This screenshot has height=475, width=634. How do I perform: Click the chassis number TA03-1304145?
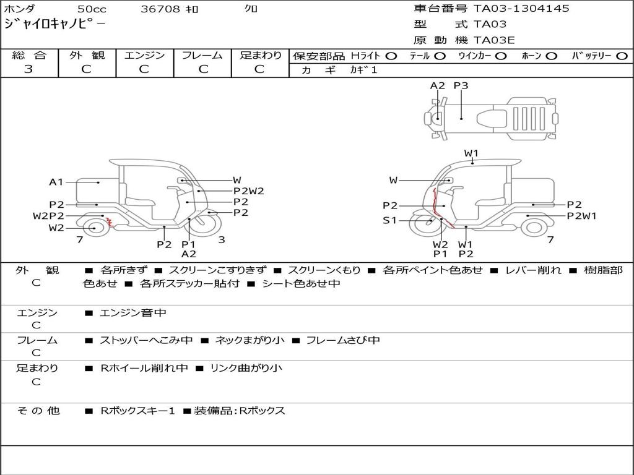tap(521, 8)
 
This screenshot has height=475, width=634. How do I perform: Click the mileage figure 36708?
tap(160, 9)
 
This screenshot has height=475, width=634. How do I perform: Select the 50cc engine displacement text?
tap(92, 9)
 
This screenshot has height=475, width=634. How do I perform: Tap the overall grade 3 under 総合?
tap(28, 69)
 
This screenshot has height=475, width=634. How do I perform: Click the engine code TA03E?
tap(493, 40)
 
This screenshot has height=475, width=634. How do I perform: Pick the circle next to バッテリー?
tap(622, 56)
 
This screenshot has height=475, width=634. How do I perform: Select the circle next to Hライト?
tap(391, 56)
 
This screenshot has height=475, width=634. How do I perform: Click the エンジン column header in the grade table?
tap(144, 55)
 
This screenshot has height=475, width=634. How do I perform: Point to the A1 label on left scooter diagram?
tap(56, 182)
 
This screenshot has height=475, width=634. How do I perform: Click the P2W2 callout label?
tap(249, 191)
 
